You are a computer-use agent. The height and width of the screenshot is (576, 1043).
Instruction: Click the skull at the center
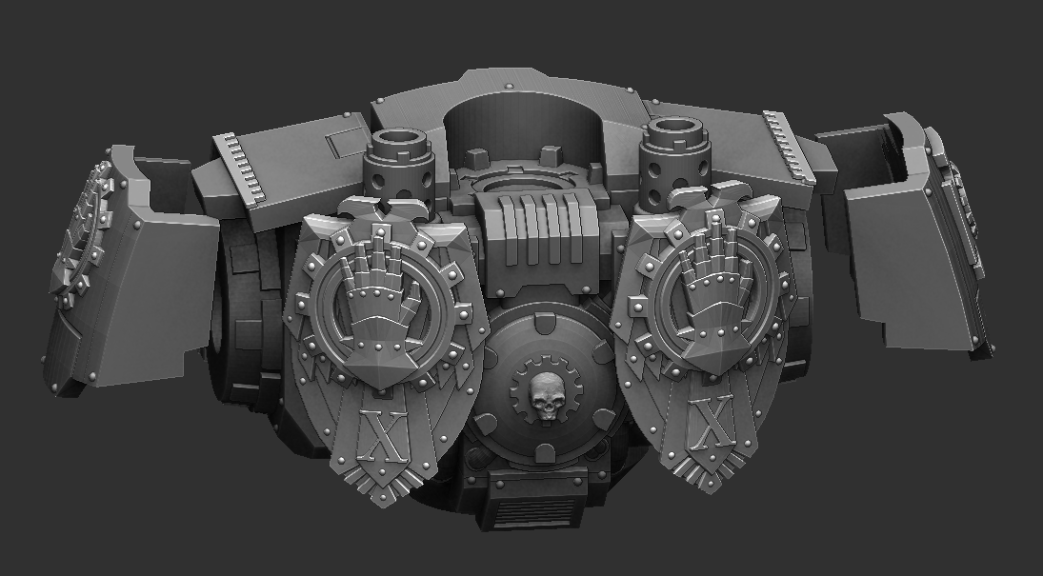[545, 397]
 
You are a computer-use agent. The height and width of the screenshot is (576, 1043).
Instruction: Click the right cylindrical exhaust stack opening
[677, 129]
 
